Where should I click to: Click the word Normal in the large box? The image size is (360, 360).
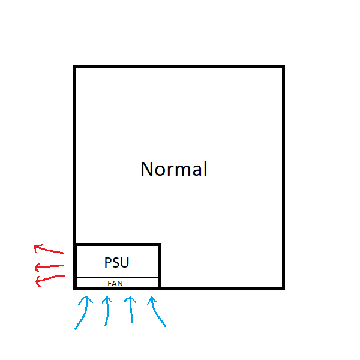tap(174, 169)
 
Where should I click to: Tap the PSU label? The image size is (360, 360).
tap(116, 263)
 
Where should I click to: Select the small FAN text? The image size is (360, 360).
tap(116, 283)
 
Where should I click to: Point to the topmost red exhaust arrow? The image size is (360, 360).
tap(49, 249)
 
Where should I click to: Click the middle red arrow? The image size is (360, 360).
tap(49, 266)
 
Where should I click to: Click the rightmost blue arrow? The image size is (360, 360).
tap(158, 310)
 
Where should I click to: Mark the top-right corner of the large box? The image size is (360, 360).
tap(283, 67)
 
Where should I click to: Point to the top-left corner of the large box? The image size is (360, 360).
tap(74, 67)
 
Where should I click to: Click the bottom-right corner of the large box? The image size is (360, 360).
tap(283, 288)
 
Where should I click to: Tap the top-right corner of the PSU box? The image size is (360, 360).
tap(160, 245)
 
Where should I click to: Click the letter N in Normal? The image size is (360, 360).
tap(146, 169)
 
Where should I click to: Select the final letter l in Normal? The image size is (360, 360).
tap(205, 169)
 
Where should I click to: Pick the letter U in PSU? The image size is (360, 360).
tap(124, 263)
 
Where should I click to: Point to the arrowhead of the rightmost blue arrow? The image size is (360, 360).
tap(151, 298)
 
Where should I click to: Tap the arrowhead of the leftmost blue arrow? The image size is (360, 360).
tap(86, 298)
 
